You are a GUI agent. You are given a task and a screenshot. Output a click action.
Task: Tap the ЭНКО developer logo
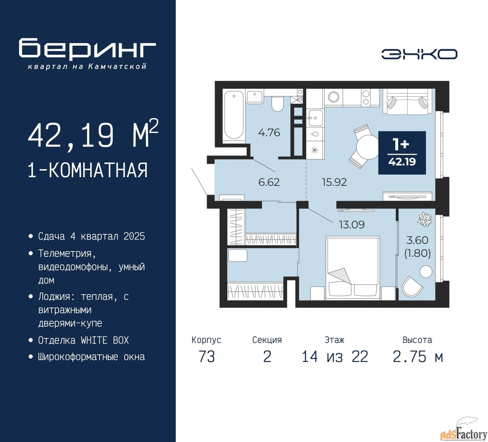click(x=419, y=54)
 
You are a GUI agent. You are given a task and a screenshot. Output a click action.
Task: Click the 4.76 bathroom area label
click(x=269, y=133)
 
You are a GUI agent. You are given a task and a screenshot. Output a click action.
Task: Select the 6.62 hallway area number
click(x=269, y=182)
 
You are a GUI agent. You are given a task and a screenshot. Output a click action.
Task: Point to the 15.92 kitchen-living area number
click(x=334, y=182)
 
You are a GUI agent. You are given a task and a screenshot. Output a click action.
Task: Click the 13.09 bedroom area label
click(x=352, y=225)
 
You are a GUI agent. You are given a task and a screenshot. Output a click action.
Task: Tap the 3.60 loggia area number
click(x=417, y=240)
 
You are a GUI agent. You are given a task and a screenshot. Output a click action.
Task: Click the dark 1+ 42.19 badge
click(x=402, y=153)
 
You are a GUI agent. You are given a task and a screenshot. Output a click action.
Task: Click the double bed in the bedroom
click(x=353, y=268)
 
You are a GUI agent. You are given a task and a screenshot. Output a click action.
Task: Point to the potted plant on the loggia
click(x=424, y=219)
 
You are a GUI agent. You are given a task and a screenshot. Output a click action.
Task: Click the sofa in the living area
click(x=408, y=101)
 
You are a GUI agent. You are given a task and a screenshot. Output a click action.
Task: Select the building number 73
click(x=207, y=357)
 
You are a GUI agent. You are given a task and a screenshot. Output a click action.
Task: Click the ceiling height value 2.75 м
click(x=418, y=357)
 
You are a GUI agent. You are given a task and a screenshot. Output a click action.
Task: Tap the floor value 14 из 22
click(x=335, y=357)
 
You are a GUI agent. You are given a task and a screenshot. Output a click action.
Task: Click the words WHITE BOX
click(x=104, y=340)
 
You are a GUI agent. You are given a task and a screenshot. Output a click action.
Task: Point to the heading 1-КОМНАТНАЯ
click(x=88, y=171)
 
